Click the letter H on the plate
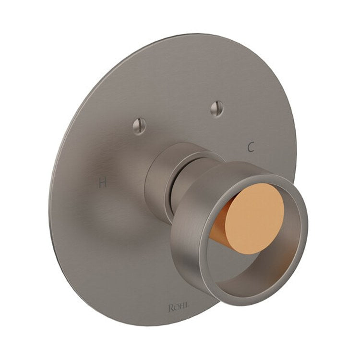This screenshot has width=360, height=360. pos(102,182)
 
